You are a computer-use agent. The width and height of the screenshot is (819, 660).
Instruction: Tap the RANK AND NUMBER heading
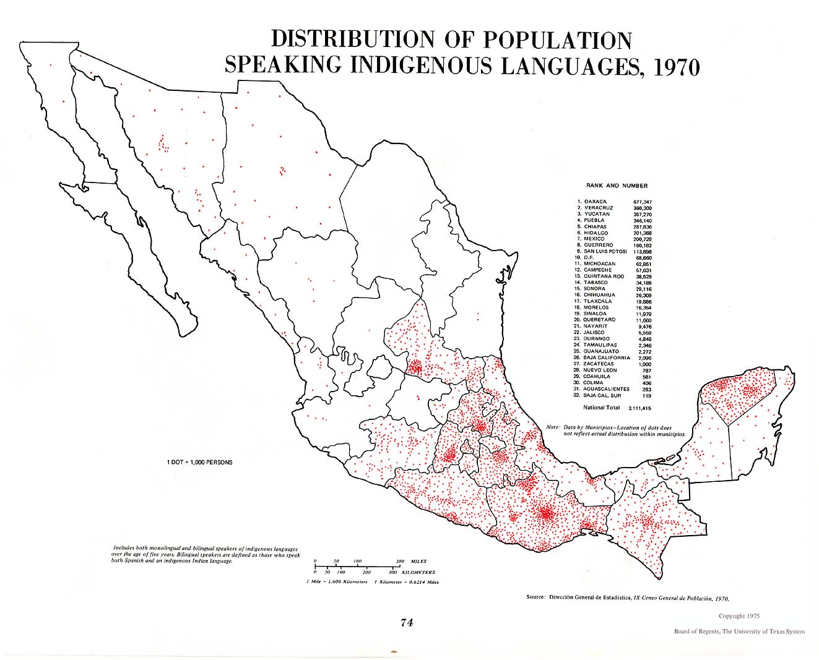[x=617, y=186]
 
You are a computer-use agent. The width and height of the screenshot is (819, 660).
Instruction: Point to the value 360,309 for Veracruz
[x=642, y=208]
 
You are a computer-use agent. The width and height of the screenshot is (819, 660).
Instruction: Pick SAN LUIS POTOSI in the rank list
[x=605, y=252]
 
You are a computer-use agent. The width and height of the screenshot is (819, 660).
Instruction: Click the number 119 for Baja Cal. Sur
[x=647, y=395]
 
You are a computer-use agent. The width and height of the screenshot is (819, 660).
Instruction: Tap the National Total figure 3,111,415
[x=639, y=408]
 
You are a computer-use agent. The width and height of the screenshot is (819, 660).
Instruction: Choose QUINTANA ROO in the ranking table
[x=604, y=276]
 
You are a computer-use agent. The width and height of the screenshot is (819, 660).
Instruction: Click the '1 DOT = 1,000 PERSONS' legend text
[x=199, y=462]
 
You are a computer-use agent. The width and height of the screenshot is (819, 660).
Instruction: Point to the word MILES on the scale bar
[x=418, y=562]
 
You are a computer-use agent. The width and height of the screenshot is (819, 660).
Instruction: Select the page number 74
[x=407, y=623]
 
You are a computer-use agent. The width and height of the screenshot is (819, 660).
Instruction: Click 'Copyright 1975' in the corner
[x=739, y=616]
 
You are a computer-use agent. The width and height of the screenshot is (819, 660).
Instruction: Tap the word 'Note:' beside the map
[x=553, y=427]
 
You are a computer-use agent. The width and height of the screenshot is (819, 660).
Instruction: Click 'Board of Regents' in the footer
[x=697, y=632]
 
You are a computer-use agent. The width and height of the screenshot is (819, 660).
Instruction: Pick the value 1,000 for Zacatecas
[x=644, y=364]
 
